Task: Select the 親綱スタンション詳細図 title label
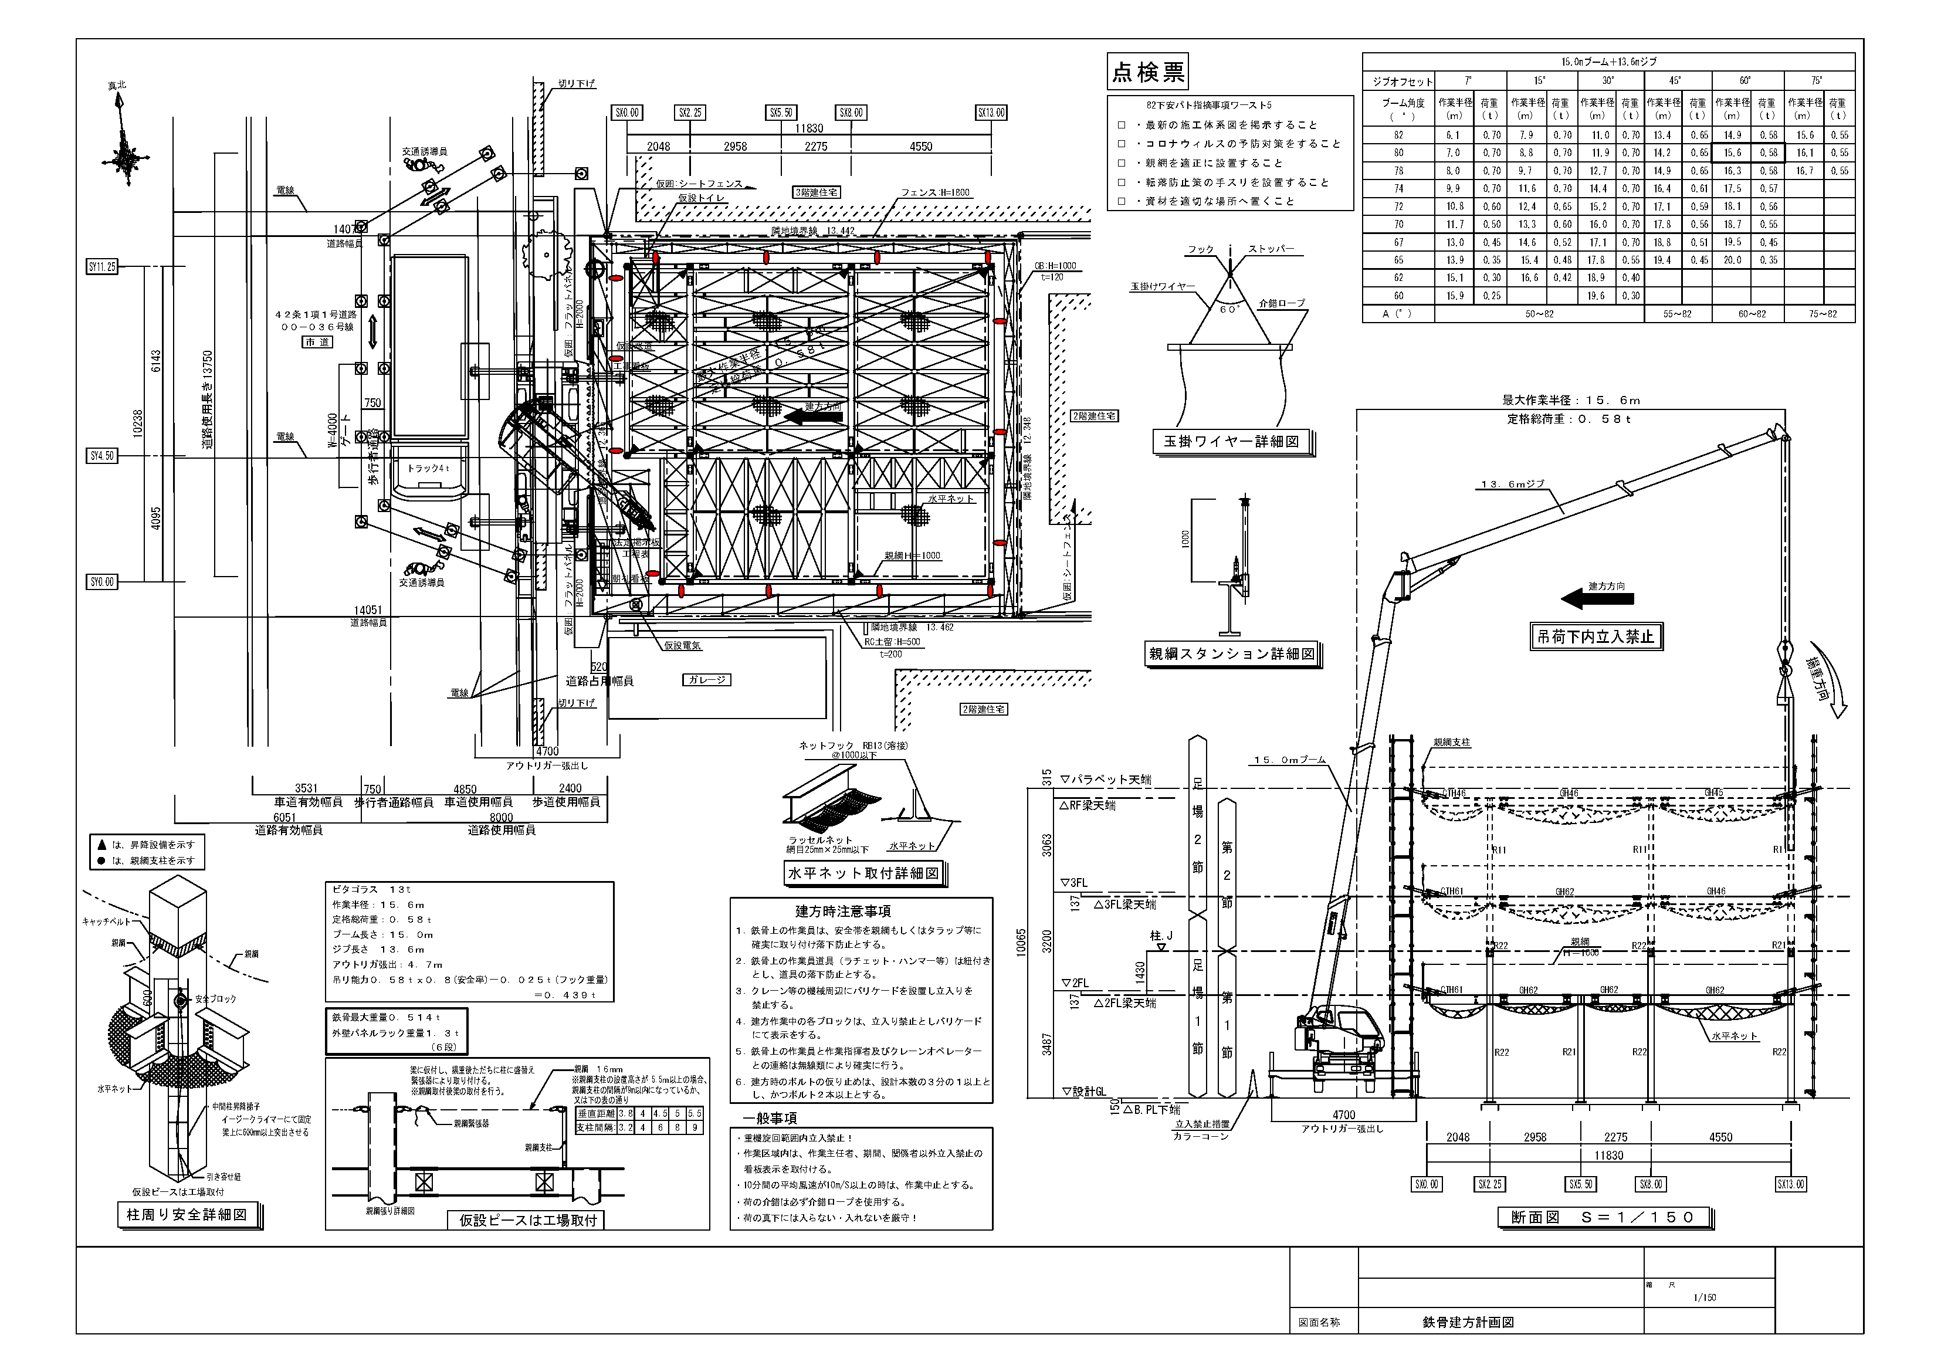pyautogui.click(x=1232, y=653)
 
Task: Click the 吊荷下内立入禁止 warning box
pyautogui.click(x=1596, y=636)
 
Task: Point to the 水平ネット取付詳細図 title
pyautogui.click(x=863, y=873)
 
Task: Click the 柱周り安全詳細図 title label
pyautogui.click(x=187, y=1215)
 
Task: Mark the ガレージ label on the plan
pyautogui.click(x=707, y=680)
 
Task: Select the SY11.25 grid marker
pyautogui.click(x=101, y=267)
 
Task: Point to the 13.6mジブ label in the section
pyautogui.click(x=1512, y=485)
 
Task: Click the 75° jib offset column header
pyautogui.click(x=1817, y=81)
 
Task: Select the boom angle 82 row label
pyautogui.click(x=1398, y=135)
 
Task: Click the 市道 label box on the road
pyautogui.click(x=318, y=343)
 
